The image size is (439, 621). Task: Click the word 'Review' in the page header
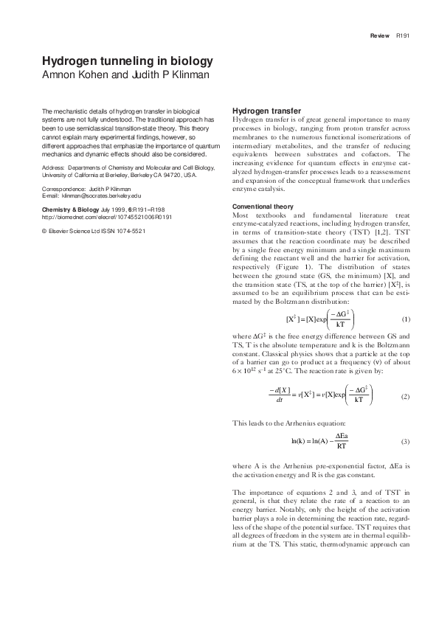click(380, 35)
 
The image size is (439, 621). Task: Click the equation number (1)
click(405, 320)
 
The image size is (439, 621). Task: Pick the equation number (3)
click(405, 442)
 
